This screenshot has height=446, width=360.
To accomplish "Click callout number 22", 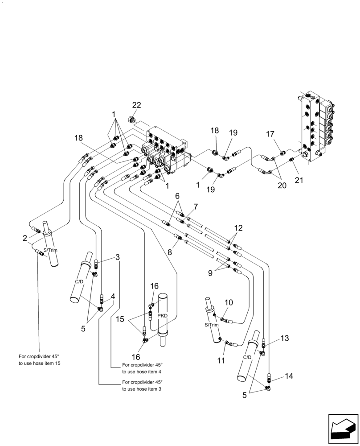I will pyautogui.click(x=136, y=105).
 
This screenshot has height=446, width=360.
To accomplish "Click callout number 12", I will pyautogui.click(x=239, y=227).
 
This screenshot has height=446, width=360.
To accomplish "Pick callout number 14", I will pyautogui.click(x=289, y=376).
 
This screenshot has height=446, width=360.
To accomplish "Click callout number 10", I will pyautogui.click(x=228, y=302).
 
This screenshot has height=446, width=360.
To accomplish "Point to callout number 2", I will pyautogui.click(x=25, y=238).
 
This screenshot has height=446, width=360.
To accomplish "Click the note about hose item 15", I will pyautogui.click(x=39, y=359).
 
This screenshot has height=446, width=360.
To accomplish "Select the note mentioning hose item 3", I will pyautogui.click(x=142, y=385).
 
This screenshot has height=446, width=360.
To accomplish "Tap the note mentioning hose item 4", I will pyautogui.click(x=142, y=368).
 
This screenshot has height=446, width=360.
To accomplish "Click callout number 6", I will pyautogui.click(x=177, y=196).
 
